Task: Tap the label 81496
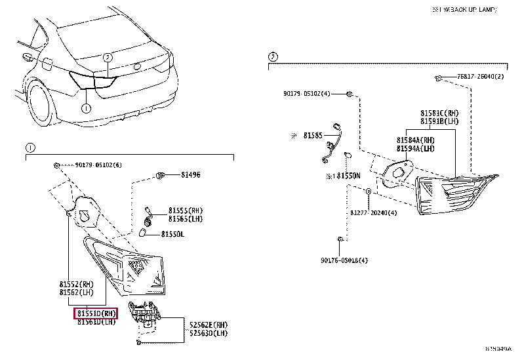[x=191, y=174]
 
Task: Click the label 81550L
[x=172, y=233]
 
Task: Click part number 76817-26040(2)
[x=480, y=77]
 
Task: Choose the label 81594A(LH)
[x=415, y=149]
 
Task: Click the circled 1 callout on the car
[x=85, y=107]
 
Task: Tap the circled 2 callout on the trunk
[x=108, y=57]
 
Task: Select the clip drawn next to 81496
[x=159, y=174]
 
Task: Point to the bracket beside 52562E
[x=144, y=315]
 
